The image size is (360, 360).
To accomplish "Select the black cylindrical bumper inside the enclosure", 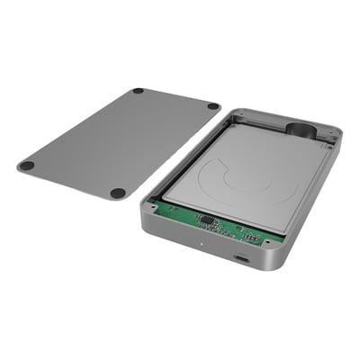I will pyautogui.click(x=301, y=130).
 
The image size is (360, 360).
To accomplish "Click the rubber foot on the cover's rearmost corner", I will pyautogui.click(x=138, y=91).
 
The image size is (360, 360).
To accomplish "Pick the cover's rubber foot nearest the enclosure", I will pyautogui.click(x=212, y=106).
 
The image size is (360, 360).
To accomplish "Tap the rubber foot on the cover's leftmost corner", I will pyautogui.click(x=26, y=166).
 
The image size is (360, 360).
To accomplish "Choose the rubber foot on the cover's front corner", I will pyautogui.click(x=118, y=193).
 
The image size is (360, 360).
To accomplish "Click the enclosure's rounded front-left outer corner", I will pyautogui.click(x=144, y=216).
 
